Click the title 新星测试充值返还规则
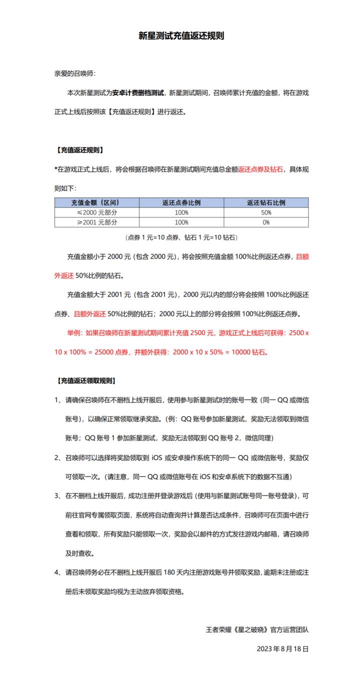(181, 36)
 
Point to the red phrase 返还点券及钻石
(260, 169)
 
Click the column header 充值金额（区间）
(96, 202)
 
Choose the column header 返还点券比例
(181, 202)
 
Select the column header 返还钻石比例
(266, 202)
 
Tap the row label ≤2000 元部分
(96, 212)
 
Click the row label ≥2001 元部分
(96, 222)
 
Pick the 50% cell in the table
(266, 212)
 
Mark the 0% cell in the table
(266, 222)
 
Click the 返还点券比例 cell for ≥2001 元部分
(181, 222)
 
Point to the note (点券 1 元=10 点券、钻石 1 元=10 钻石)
(181, 237)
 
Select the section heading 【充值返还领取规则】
(85, 380)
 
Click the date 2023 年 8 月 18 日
(282, 648)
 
